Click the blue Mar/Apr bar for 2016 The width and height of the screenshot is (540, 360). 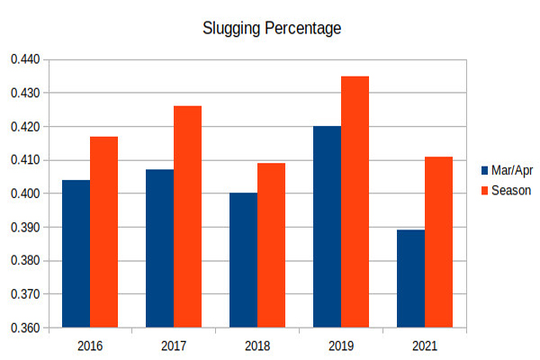click(76, 254)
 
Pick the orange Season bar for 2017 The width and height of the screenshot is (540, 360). click(187, 217)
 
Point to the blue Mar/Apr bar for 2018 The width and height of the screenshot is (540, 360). click(243, 260)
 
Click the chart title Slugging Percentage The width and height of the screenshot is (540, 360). click(273, 28)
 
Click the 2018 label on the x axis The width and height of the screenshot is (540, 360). click(256, 346)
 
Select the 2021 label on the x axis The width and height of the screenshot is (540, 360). click(424, 346)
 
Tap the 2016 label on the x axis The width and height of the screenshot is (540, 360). click(89, 346)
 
